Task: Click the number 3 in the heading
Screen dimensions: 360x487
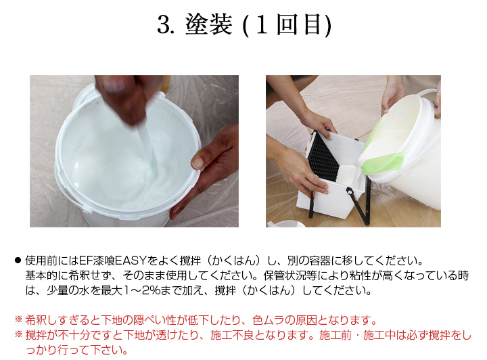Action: (162, 25)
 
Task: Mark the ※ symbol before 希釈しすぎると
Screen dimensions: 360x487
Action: (19, 320)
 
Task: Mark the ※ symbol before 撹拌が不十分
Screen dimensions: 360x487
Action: (19, 335)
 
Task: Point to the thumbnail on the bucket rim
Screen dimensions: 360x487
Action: (197, 163)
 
